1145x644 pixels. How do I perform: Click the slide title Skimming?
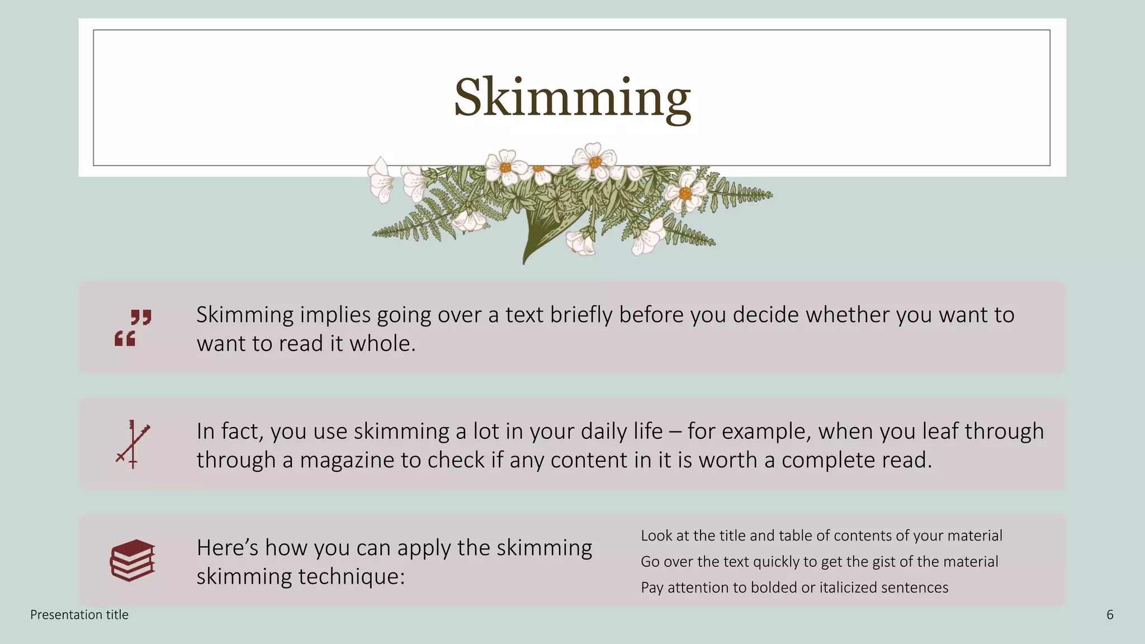[x=572, y=98]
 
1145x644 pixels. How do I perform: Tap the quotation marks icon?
[x=133, y=328]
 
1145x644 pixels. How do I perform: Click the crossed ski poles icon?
[x=133, y=444]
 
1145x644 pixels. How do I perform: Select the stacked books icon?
[x=133, y=561]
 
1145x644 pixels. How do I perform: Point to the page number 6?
[x=1110, y=615]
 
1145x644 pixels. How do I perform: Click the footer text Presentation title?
[x=79, y=615]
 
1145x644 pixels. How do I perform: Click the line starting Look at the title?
[x=821, y=536]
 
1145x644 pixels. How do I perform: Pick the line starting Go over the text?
[x=819, y=561]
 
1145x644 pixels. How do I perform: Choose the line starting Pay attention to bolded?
[x=794, y=588]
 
